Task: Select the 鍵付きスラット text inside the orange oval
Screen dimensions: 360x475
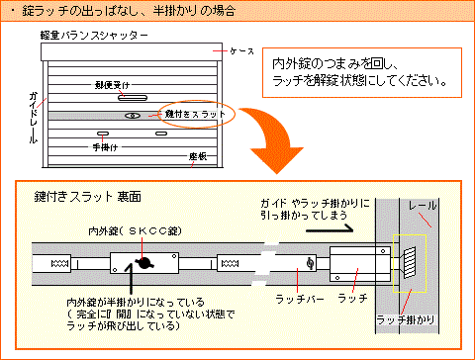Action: pyautogui.click(x=196, y=115)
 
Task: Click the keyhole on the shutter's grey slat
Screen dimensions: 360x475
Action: pyautogui.click(x=133, y=115)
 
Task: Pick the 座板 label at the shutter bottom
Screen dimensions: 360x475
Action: pyautogui.click(x=196, y=156)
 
